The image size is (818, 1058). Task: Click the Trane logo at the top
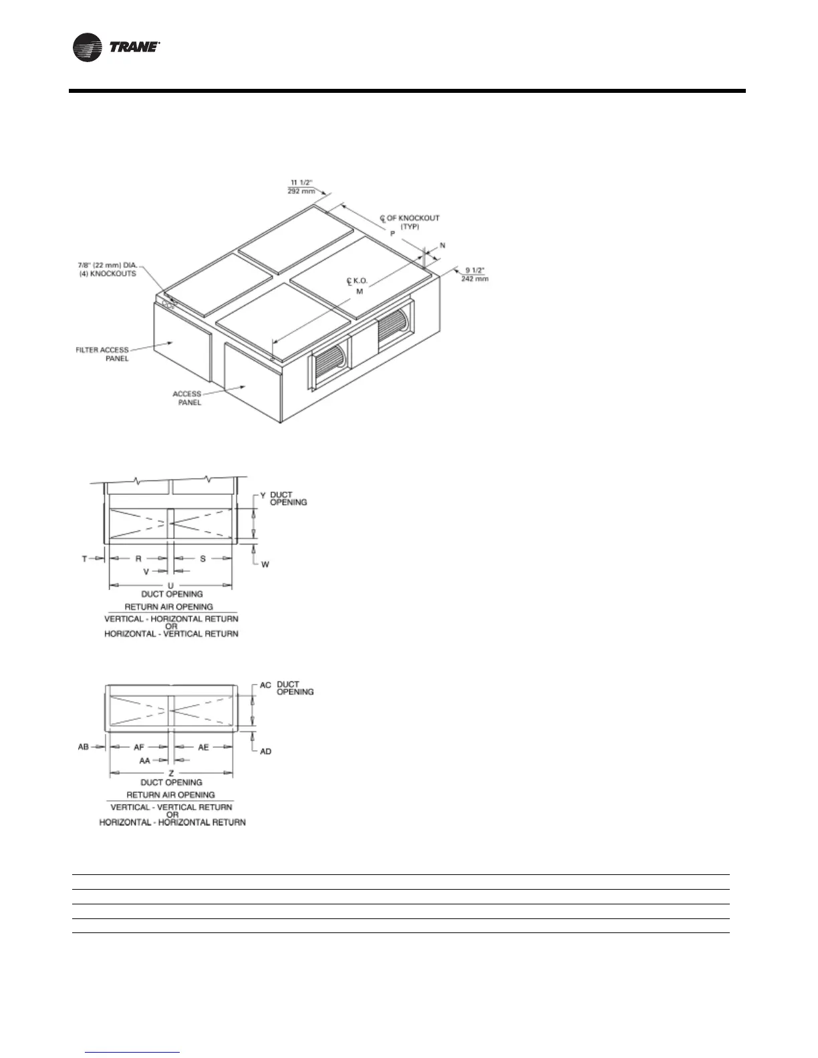(116, 48)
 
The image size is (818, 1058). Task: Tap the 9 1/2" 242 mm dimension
(474, 275)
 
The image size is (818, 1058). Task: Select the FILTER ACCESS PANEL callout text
(102, 354)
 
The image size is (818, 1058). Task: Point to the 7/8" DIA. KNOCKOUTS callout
(107, 269)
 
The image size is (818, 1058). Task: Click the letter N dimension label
(442, 246)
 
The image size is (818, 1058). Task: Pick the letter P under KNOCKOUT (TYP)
(393, 234)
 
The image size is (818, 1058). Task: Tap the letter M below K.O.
(359, 291)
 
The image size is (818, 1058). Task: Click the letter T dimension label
(85, 558)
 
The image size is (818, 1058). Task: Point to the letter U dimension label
(171, 586)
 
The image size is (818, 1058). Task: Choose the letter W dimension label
(265, 564)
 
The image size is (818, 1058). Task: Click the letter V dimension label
(146, 572)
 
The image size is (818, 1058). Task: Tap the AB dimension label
(84, 747)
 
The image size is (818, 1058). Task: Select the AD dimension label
(266, 751)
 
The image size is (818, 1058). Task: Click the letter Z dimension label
(171, 773)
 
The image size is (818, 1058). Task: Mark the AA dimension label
(144, 760)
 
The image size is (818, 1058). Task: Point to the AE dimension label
(204, 747)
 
